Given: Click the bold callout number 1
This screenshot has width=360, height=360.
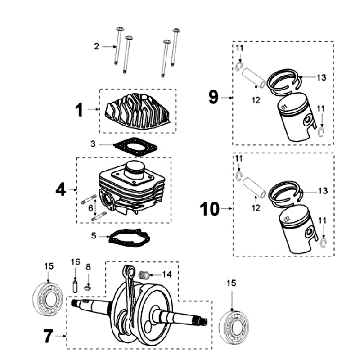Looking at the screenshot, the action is (x=79, y=110).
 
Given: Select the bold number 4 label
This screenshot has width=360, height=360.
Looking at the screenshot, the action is (x=61, y=190).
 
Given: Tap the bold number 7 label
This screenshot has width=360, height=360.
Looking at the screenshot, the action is (x=48, y=336).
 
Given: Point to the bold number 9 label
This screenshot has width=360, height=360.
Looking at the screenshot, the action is (x=213, y=97).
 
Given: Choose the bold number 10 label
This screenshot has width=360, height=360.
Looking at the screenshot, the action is (x=210, y=209).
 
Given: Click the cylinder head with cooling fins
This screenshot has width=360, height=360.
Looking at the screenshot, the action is (x=139, y=109).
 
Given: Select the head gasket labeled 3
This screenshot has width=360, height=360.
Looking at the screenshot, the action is (x=135, y=146).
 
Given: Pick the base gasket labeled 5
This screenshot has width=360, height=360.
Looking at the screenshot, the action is (x=130, y=237).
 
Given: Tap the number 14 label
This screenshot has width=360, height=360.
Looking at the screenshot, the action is (x=167, y=274).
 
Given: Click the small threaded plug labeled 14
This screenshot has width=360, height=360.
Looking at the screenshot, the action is (x=143, y=275).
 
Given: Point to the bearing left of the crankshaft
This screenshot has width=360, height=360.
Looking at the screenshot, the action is (x=48, y=297).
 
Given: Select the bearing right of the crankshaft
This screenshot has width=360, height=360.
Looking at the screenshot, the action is (x=235, y=326).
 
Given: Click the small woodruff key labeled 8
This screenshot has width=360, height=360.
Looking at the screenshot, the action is (x=88, y=287).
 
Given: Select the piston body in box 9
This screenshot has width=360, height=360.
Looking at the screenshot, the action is (x=296, y=118).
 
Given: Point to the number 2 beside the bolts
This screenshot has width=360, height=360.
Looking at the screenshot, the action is (x=97, y=46).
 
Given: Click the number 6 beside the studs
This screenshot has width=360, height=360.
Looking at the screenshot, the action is (x=90, y=208).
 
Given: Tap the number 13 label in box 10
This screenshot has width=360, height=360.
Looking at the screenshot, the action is (x=322, y=191).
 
